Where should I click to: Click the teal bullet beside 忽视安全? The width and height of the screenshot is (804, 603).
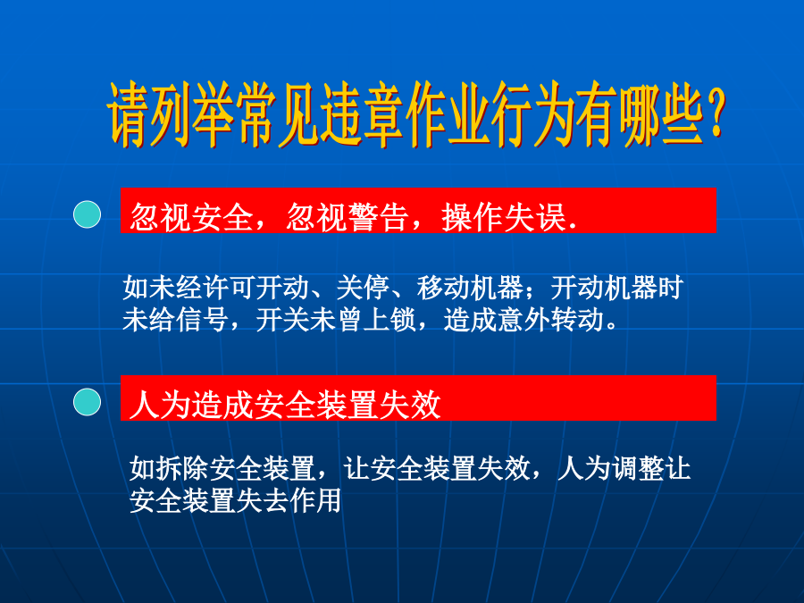(x=88, y=214)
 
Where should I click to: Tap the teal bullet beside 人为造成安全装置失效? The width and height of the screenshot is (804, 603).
(x=88, y=402)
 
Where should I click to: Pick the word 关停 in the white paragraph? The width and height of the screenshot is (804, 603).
(x=363, y=287)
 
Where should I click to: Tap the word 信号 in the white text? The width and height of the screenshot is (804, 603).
(x=203, y=320)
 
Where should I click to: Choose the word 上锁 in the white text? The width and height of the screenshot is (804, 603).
(x=389, y=320)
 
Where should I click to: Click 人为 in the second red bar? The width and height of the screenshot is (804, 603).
(x=161, y=405)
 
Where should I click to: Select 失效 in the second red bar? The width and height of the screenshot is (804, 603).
(x=410, y=405)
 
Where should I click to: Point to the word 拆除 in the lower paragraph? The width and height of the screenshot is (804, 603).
(x=183, y=469)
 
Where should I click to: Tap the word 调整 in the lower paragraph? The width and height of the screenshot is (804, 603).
(x=637, y=469)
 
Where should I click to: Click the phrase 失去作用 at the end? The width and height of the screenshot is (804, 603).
(x=289, y=501)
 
